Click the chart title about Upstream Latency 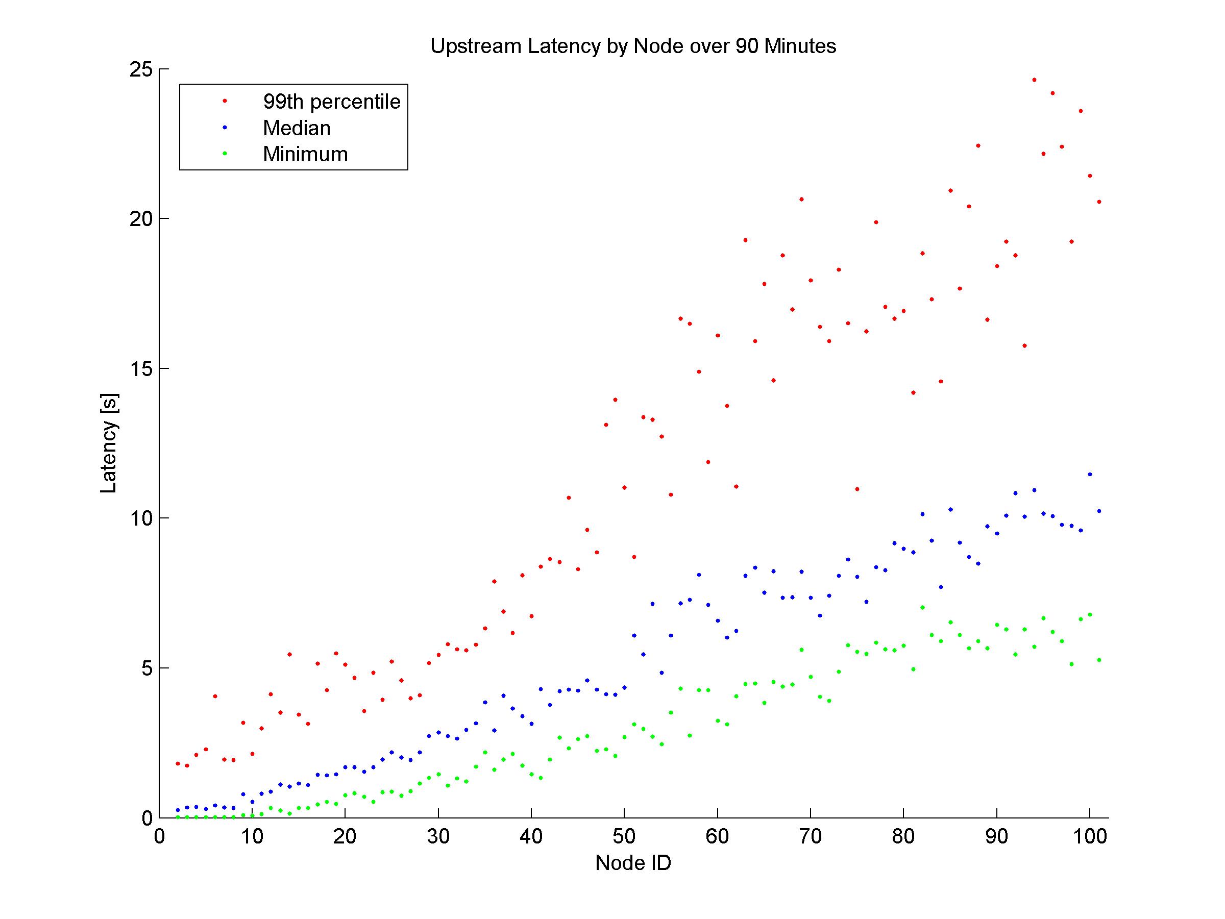click(x=633, y=46)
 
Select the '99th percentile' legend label click(x=331, y=102)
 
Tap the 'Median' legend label click(x=296, y=128)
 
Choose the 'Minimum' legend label click(x=305, y=154)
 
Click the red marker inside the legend click(x=225, y=101)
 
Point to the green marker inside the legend click(x=225, y=154)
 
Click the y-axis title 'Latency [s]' click(x=109, y=443)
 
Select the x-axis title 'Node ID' click(x=633, y=862)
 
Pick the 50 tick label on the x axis click(x=624, y=836)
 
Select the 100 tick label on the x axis click(x=1090, y=836)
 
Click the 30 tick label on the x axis click(x=438, y=836)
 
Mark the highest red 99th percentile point click(x=1034, y=80)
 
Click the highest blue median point click(x=1090, y=475)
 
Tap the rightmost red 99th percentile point click(x=1099, y=202)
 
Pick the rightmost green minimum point click(x=1099, y=660)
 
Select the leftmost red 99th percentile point click(x=178, y=763)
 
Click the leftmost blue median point click(x=178, y=810)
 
